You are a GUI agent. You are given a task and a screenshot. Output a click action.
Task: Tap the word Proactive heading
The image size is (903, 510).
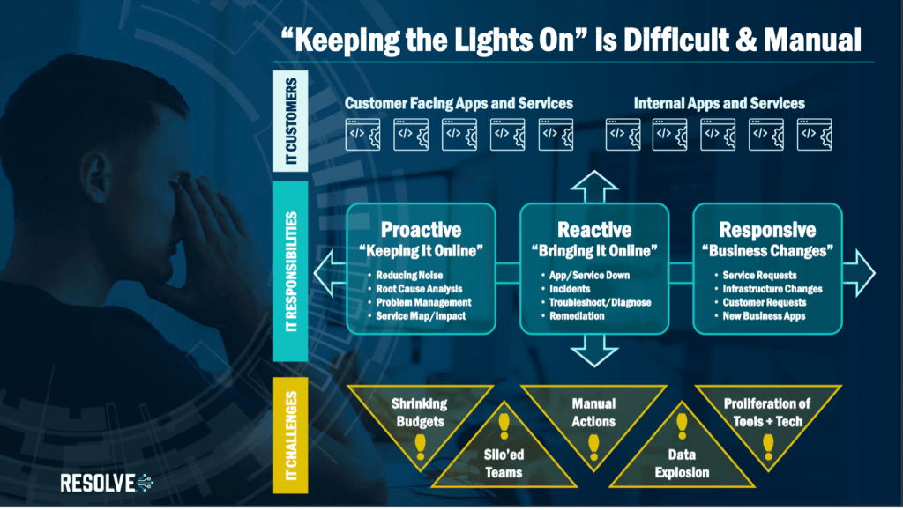(421, 230)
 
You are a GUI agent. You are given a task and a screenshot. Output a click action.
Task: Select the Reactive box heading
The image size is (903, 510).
(594, 230)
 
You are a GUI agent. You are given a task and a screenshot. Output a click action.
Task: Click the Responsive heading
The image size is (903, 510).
(767, 230)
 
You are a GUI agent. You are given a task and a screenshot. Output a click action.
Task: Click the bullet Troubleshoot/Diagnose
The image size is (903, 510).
(599, 302)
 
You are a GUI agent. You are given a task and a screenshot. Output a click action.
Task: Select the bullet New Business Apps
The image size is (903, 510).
(764, 316)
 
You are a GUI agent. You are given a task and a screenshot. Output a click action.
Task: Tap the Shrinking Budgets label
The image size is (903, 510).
(419, 412)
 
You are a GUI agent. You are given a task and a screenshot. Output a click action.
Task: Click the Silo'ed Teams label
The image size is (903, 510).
(504, 464)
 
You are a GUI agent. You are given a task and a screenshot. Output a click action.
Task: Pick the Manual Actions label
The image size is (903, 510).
(593, 412)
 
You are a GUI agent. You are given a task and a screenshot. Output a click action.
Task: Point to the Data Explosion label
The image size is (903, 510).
(682, 464)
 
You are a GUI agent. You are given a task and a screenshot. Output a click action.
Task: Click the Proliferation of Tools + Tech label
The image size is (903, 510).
(767, 412)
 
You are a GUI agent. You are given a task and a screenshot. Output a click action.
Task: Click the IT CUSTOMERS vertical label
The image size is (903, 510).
(290, 120)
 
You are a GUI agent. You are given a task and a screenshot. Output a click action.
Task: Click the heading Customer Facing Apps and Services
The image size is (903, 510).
(459, 103)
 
